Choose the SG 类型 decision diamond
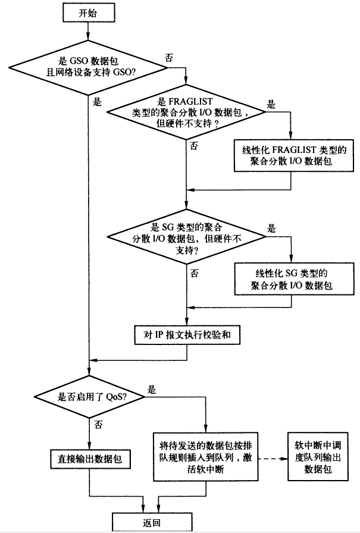click(186, 239)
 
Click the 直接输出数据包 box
click(90, 459)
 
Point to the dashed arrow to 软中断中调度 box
click(271, 458)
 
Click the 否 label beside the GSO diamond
click(169, 58)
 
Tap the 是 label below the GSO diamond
click(97, 101)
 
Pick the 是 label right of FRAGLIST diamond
click(271, 105)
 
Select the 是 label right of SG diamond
click(271, 228)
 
